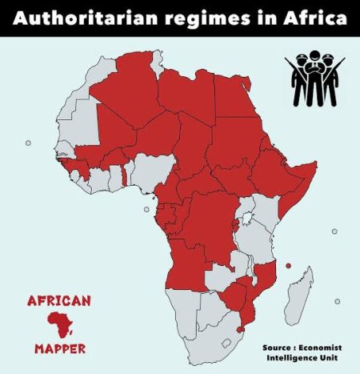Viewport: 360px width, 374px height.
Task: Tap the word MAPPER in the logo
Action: [60, 349]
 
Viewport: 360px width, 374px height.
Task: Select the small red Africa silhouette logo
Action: [59, 325]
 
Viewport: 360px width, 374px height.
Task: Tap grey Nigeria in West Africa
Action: [148, 172]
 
